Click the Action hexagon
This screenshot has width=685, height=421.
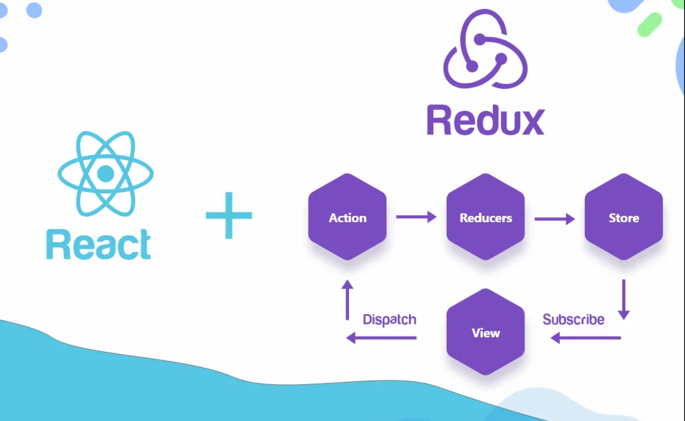pos(347,217)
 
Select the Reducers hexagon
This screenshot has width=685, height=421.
pos(485,217)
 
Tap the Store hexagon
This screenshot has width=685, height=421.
pos(624,217)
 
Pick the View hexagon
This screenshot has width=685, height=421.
pos(485,332)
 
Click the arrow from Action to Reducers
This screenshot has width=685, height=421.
pos(416,217)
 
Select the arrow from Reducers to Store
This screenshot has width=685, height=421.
pos(554,219)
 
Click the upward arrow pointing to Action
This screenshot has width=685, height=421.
pos(347,300)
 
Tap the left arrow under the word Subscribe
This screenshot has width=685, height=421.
pos(586,338)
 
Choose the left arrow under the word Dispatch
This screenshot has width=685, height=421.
pos(381,338)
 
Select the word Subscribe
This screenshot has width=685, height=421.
pos(573,320)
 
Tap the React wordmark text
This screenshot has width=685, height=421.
pos(98,245)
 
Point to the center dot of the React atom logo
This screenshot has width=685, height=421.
pos(105,174)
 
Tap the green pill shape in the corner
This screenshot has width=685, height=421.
pos(649,25)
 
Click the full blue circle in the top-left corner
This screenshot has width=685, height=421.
pos(34,10)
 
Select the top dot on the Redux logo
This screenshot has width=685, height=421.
pos(480,39)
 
